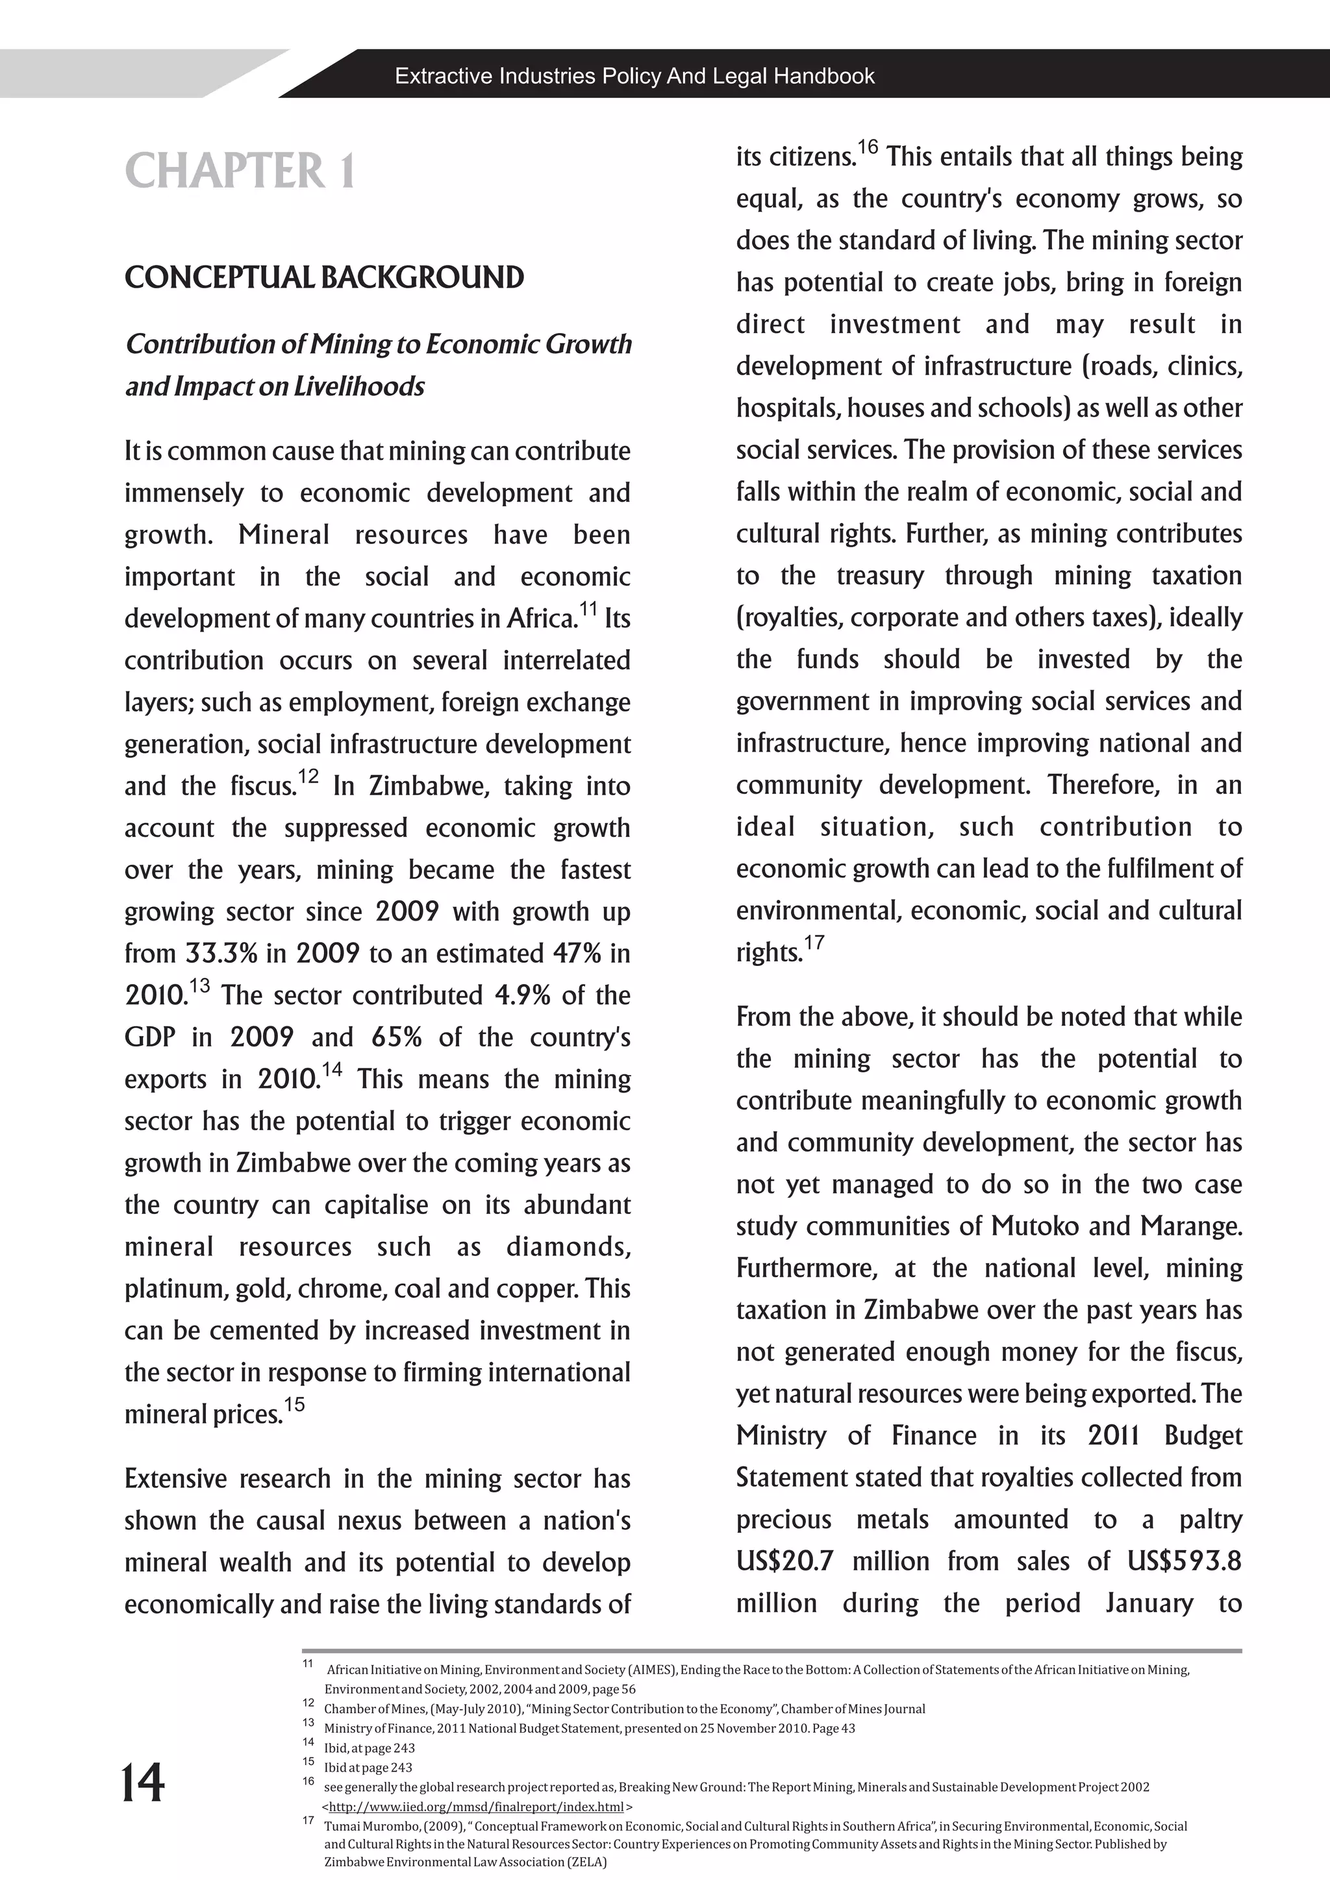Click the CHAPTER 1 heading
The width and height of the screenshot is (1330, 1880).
click(240, 171)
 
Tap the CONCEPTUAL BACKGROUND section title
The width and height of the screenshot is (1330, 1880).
click(324, 278)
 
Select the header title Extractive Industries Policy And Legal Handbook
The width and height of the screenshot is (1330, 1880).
click(634, 76)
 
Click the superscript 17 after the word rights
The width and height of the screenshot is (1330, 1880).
click(814, 944)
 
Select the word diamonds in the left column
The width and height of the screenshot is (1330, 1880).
click(568, 1247)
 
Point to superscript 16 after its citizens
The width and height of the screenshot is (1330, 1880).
click(868, 148)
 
